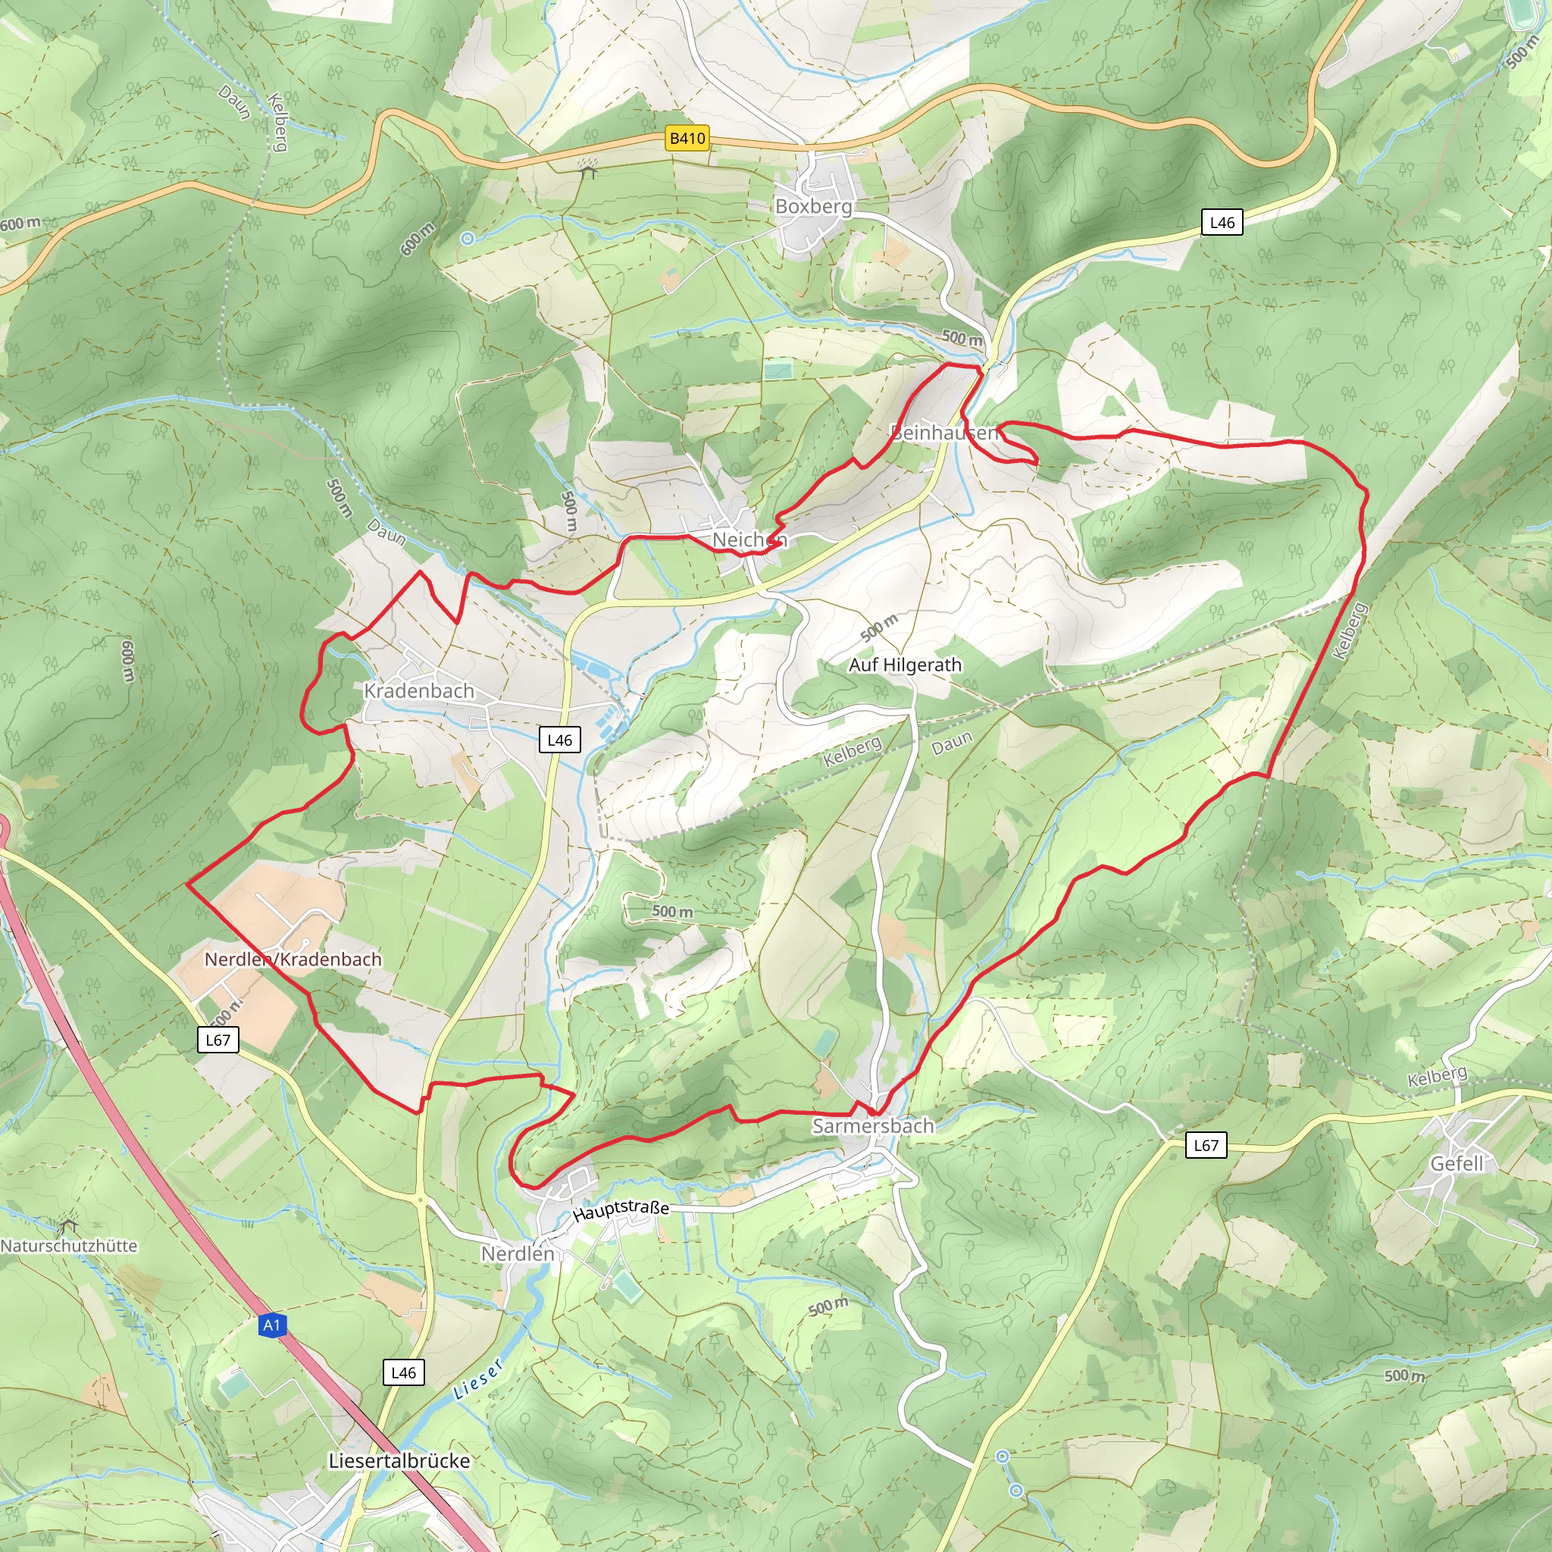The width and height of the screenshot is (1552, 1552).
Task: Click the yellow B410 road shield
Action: [687, 138]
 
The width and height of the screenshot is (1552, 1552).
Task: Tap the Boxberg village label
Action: [813, 206]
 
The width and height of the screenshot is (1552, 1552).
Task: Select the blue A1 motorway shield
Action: [271, 1325]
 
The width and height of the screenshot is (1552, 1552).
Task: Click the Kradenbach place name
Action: [418, 691]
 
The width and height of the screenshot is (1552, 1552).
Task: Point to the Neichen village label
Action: [749, 540]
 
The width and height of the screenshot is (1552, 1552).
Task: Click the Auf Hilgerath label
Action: [905, 665]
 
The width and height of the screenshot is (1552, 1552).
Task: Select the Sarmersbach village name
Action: [872, 1125]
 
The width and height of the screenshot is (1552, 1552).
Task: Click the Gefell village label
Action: [1457, 1163]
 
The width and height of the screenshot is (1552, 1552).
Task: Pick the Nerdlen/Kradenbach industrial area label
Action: [293, 959]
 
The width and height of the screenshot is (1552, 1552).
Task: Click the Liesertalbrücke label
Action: [399, 1460]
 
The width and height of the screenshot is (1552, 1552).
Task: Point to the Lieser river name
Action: [479, 1378]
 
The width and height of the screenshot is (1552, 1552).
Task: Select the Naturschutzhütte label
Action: [69, 1246]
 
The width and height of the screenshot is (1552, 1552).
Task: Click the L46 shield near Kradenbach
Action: [559, 740]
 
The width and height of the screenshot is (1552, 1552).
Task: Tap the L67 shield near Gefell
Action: [1206, 1146]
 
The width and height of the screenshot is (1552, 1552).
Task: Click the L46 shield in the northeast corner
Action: [1222, 223]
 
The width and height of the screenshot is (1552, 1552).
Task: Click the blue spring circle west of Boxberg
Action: [468, 238]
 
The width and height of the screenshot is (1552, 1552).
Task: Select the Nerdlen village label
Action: [518, 1253]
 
